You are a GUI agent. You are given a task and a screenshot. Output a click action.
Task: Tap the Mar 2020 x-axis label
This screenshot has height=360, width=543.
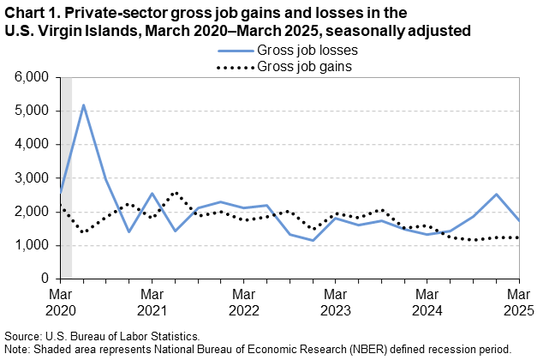tap(59, 301)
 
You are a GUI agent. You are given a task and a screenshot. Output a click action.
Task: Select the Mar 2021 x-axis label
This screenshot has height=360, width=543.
tap(151, 301)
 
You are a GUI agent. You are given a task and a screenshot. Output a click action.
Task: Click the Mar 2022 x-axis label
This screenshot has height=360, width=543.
tap(243, 301)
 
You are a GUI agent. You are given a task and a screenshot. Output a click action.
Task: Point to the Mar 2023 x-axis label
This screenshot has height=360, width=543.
tap(336, 301)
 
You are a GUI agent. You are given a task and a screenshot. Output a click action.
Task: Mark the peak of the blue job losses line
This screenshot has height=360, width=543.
tap(83, 105)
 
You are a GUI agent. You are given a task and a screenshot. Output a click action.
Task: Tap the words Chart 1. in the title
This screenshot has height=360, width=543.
tap(30, 14)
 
